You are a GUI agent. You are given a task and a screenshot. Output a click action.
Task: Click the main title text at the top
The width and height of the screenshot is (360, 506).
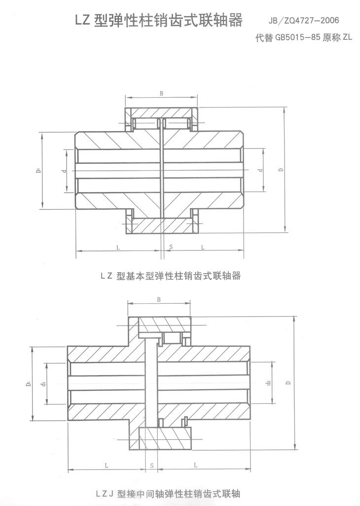[x=159, y=21]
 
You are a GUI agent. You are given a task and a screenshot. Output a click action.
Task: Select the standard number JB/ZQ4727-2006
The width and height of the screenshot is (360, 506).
[x=304, y=22]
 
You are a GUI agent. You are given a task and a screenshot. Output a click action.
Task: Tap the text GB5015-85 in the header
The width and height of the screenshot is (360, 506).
[x=294, y=38]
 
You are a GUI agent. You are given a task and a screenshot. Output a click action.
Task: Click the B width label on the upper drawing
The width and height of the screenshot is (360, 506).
[x=162, y=93]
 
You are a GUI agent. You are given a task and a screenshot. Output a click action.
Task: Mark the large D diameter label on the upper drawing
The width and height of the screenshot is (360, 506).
[x=280, y=171]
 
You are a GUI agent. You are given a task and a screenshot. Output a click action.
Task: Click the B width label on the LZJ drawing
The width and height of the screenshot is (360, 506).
[x=159, y=299]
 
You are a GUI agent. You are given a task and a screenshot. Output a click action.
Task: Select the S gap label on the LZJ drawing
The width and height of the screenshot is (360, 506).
[x=151, y=465]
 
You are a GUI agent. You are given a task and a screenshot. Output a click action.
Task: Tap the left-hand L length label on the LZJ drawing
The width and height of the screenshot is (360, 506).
[x=107, y=465]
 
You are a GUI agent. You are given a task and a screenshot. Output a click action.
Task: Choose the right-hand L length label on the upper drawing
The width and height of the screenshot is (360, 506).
[x=203, y=247]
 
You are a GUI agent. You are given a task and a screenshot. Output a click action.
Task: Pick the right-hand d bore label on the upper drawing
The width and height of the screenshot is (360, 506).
[x=260, y=171]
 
